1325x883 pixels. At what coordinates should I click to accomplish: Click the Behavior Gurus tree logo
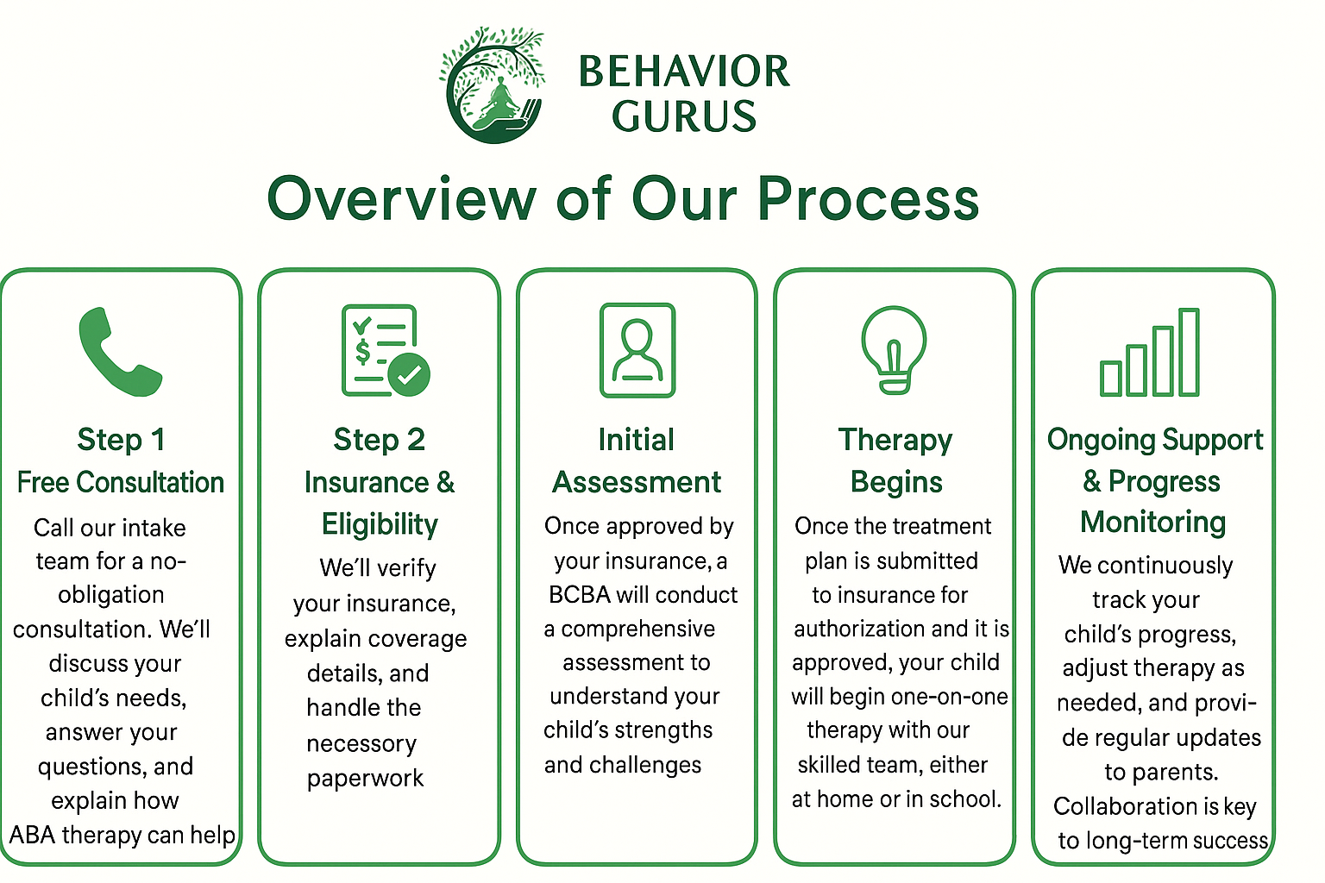[x=493, y=85]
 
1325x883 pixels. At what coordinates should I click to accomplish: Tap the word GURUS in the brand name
[x=684, y=116]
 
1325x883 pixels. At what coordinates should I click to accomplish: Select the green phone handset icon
[x=119, y=352]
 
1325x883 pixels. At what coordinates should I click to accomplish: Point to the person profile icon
[x=637, y=349]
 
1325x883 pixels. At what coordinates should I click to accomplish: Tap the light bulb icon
[x=894, y=349]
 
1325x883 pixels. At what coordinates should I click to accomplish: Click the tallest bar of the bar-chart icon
[x=1189, y=352]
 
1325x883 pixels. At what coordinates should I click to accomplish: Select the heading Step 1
[x=121, y=440]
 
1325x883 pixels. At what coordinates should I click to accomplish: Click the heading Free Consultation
[x=121, y=482]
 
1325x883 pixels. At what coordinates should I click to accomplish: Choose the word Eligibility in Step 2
[x=380, y=524]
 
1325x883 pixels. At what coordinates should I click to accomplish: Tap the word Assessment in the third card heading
[x=637, y=482]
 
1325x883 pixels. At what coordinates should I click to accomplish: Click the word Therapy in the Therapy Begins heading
[x=895, y=440]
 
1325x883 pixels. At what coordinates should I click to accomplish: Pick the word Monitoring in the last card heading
[x=1153, y=522]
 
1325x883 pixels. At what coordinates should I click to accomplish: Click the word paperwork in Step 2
[x=365, y=778]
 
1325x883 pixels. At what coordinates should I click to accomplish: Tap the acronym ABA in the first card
[x=32, y=835]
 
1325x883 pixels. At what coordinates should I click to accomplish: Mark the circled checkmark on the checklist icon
[x=409, y=374]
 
